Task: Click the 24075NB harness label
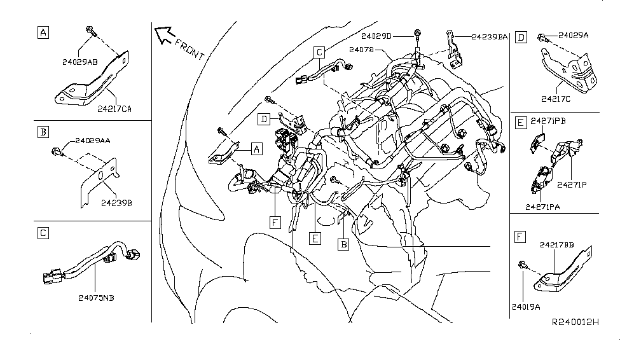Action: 98,296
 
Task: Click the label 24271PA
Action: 544,206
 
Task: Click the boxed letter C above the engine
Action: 320,52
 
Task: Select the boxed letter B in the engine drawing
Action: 343,244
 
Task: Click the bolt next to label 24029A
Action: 542,38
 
